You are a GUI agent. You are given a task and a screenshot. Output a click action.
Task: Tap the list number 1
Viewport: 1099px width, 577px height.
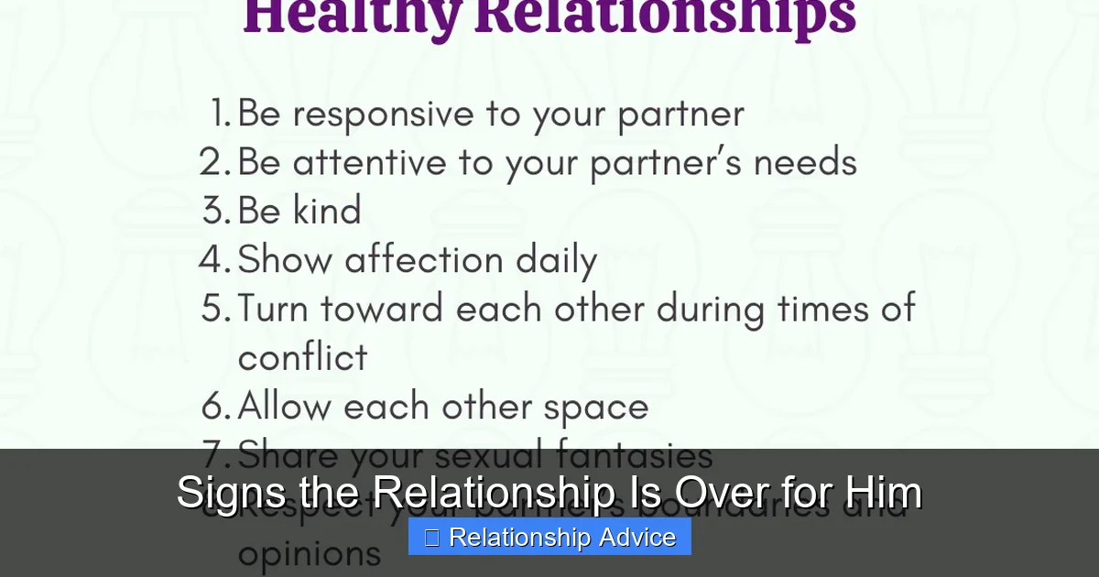pyautogui.click(x=219, y=114)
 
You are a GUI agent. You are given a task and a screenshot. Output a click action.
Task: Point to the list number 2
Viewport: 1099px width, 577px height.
pyautogui.click(x=214, y=163)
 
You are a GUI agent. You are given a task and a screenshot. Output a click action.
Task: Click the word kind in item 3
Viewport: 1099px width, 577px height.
pyautogui.click(x=327, y=211)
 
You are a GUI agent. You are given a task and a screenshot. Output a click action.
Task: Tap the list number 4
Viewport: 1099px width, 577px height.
pyautogui.click(x=214, y=260)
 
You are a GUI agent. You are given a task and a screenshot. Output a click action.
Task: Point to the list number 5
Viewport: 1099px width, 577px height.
pyautogui.click(x=215, y=309)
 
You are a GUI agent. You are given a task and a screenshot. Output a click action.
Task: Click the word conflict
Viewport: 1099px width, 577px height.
pyautogui.click(x=302, y=357)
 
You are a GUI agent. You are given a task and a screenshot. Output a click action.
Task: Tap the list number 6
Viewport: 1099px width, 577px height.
pyautogui.click(x=215, y=407)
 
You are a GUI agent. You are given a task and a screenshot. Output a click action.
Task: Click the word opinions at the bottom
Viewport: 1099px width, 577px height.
pyautogui.click(x=309, y=553)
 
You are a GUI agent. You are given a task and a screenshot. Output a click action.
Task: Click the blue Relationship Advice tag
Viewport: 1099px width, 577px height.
pyautogui.click(x=549, y=537)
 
